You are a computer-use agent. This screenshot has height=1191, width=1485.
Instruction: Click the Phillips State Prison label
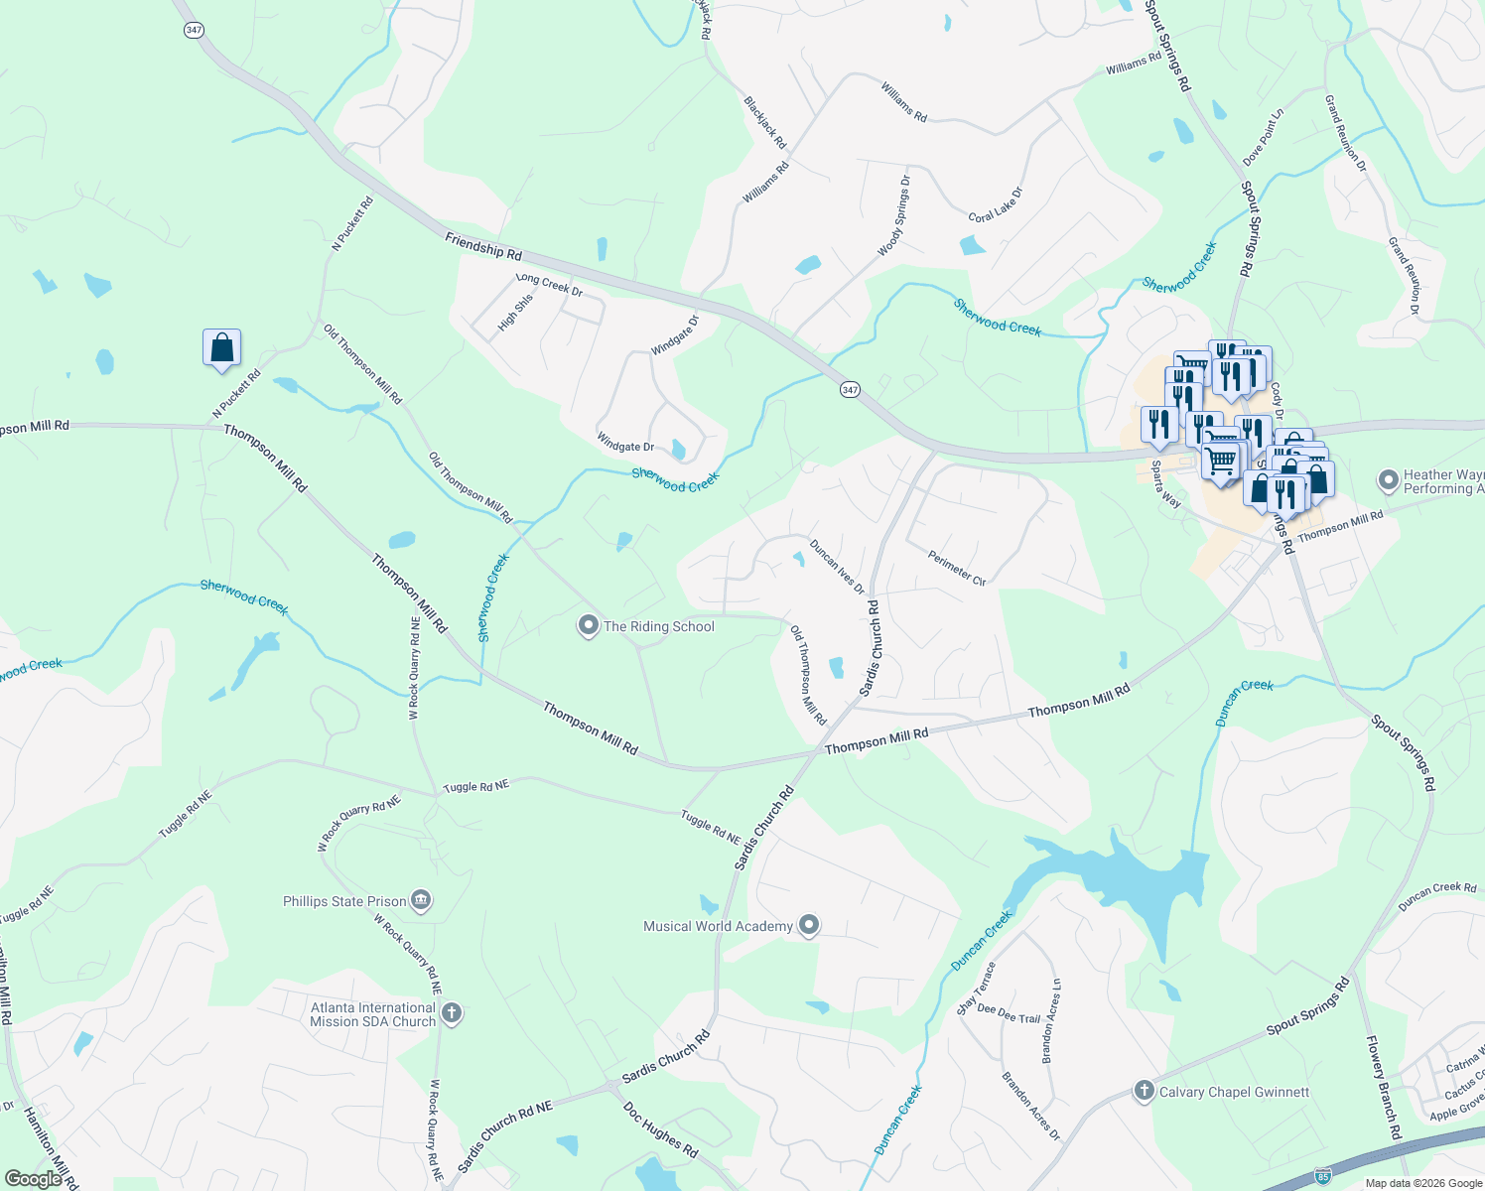point(344,901)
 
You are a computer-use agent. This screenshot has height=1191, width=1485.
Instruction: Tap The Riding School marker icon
point(589,626)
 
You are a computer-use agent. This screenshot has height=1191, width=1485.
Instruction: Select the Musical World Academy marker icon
point(809,926)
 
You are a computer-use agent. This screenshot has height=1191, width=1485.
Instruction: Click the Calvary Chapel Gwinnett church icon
point(1145,1092)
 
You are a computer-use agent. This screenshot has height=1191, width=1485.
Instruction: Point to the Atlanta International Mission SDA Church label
point(372,1014)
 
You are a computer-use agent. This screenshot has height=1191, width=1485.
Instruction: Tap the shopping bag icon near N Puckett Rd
point(221,348)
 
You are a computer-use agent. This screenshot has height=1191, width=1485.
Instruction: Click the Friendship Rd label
point(483,246)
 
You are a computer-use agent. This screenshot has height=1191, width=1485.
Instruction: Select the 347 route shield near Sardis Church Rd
point(850,390)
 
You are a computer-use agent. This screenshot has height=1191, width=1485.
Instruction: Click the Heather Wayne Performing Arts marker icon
point(1389,481)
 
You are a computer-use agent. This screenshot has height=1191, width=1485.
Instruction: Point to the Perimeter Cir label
point(957,568)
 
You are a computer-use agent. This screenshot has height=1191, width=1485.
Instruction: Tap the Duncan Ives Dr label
point(836,567)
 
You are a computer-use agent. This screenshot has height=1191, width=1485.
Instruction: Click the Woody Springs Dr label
point(893,216)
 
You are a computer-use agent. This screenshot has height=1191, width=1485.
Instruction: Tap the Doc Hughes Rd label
point(660,1129)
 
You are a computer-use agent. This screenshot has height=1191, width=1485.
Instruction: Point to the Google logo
point(33,1179)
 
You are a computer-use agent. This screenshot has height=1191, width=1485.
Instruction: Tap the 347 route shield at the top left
point(194,30)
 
